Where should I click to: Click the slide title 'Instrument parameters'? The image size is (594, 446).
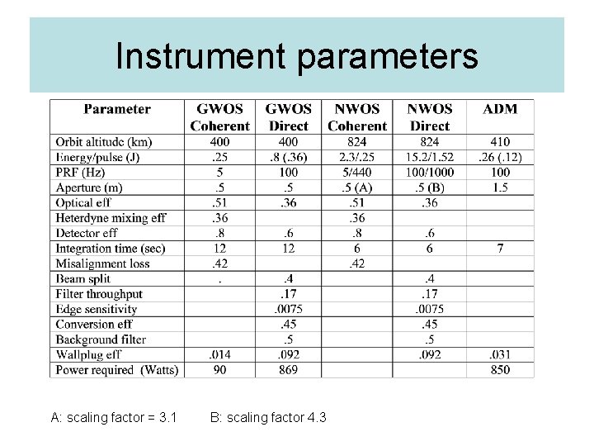[x=297, y=56]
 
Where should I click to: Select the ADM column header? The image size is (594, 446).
[x=500, y=109]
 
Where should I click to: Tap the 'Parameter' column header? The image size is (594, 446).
[x=117, y=109]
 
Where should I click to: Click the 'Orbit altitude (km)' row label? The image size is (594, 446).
[x=104, y=142]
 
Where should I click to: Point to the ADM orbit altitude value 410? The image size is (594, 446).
[x=500, y=142]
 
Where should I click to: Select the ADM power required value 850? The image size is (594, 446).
[x=500, y=369]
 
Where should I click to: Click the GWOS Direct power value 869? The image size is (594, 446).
[x=289, y=369]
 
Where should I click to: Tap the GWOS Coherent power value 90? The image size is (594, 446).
[x=219, y=369]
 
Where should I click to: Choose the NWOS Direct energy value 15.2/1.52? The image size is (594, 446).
[x=430, y=157]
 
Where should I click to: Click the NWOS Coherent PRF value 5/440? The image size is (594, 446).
[x=357, y=173]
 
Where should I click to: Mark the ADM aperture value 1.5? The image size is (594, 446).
[x=500, y=187]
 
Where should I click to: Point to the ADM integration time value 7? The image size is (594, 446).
[x=500, y=248]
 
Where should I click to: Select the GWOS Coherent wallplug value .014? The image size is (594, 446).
[x=219, y=354]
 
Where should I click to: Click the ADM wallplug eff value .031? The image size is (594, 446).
[x=500, y=354]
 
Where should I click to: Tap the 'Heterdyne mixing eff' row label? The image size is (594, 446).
[x=111, y=218]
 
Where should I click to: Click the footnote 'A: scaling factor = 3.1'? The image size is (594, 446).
[x=114, y=418]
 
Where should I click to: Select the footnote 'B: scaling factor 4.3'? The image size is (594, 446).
[x=268, y=418]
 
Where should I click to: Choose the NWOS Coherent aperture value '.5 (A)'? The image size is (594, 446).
[x=357, y=187]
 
